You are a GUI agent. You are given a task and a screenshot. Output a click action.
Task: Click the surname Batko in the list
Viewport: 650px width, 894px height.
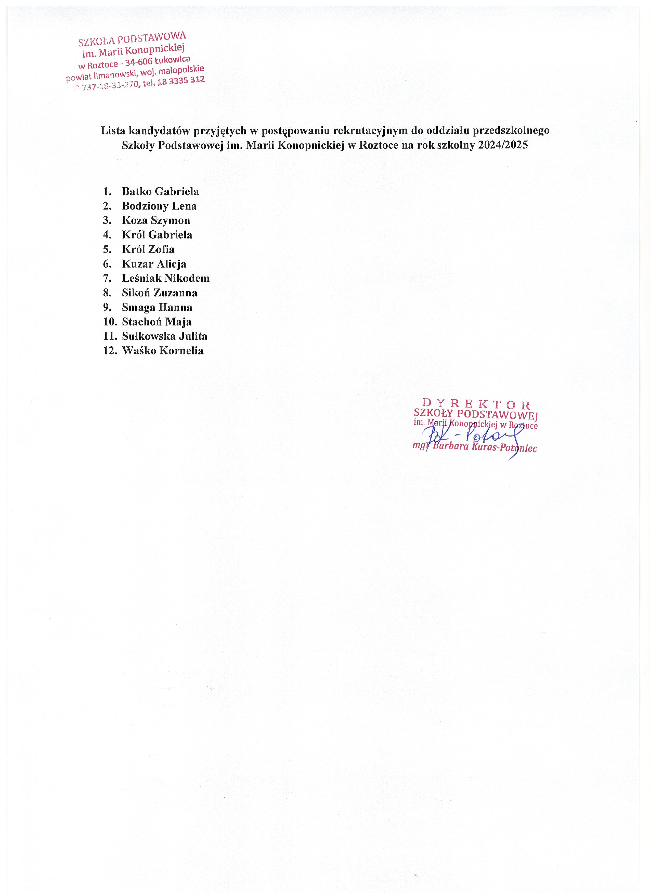136,192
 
